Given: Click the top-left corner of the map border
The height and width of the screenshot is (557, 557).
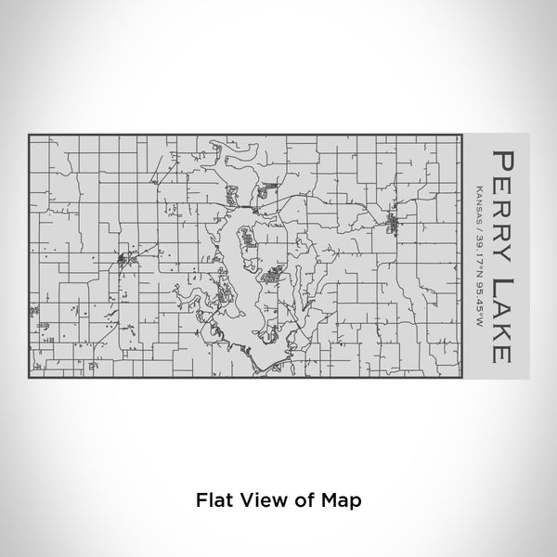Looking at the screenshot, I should click(x=29, y=136).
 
